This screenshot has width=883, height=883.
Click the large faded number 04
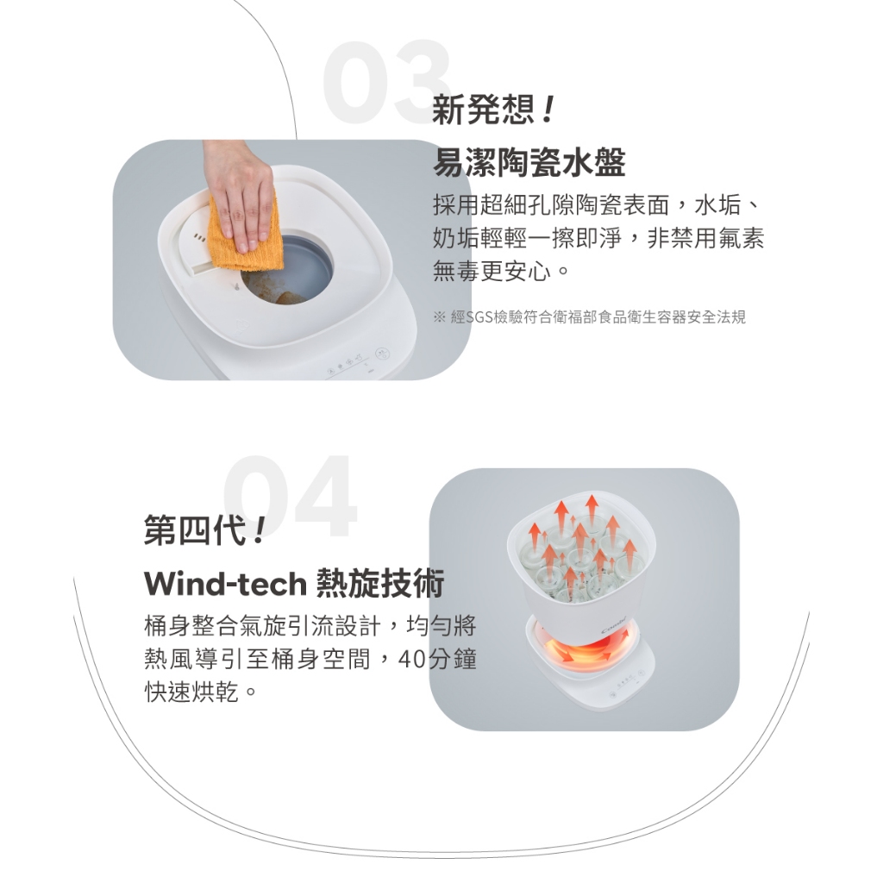[x=290, y=496]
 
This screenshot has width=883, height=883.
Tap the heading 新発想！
[x=493, y=110]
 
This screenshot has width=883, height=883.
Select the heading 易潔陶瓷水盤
[x=529, y=163]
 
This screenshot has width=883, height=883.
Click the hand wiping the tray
[x=239, y=191]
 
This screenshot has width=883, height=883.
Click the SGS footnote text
[x=590, y=317]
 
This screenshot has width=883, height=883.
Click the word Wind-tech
[x=225, y=584]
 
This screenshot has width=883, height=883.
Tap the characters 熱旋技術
[x=380, y=583]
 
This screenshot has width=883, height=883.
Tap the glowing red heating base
[x=589, y=649]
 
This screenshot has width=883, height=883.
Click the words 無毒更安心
[x=492, y=272]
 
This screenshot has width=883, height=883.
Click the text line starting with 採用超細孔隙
[x=597, y=205]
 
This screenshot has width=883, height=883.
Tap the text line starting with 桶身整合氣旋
[x=310, y=625]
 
